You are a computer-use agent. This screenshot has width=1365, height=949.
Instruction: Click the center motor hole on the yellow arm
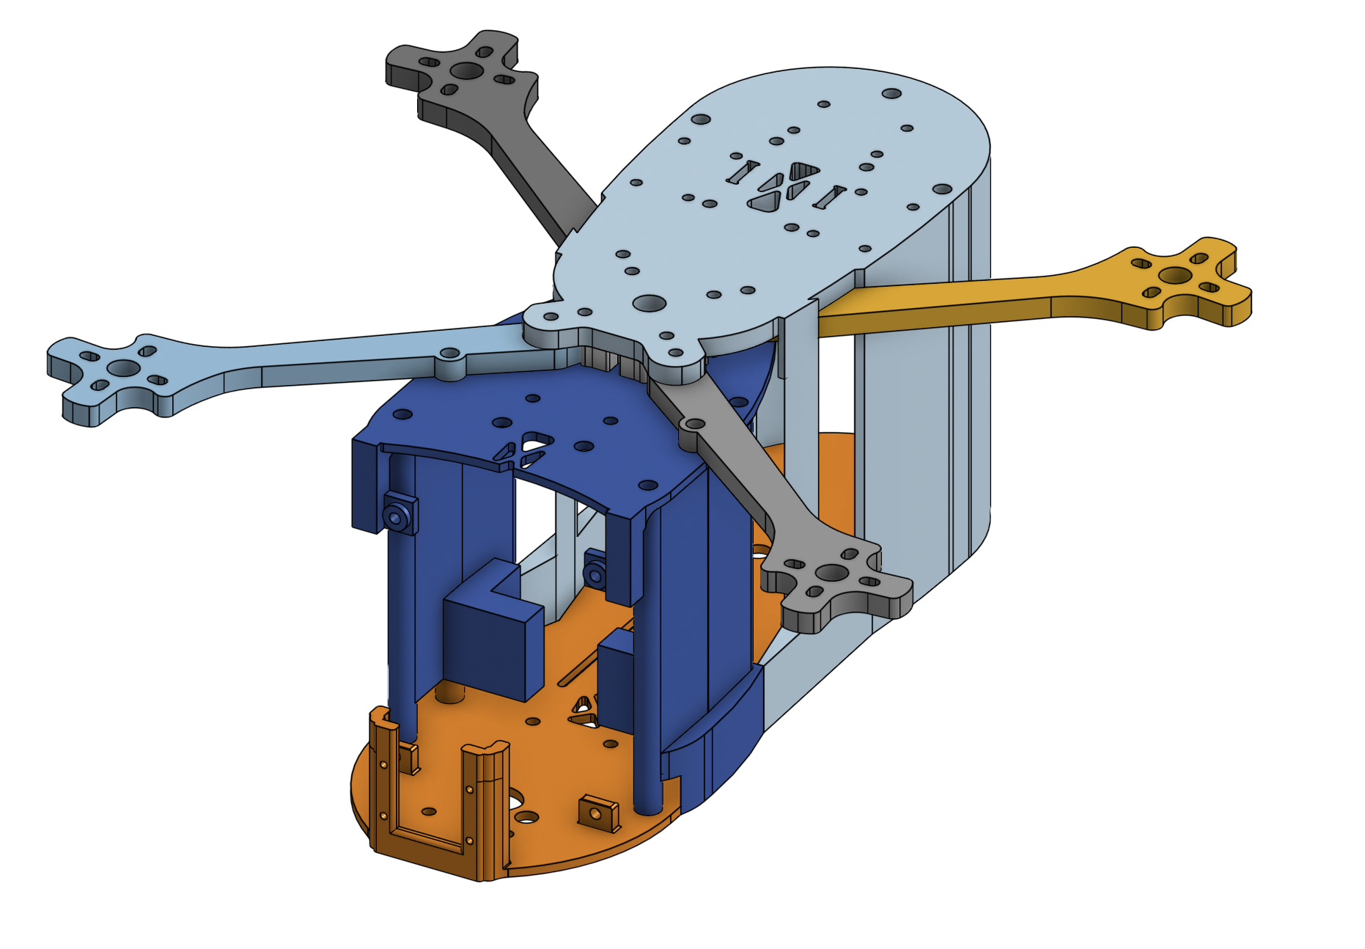1175,276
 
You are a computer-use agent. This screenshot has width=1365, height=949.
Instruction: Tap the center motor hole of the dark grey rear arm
466,71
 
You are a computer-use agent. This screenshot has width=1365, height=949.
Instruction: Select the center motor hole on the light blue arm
125,368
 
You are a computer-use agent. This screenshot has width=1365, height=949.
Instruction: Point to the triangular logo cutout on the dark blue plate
526,450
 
